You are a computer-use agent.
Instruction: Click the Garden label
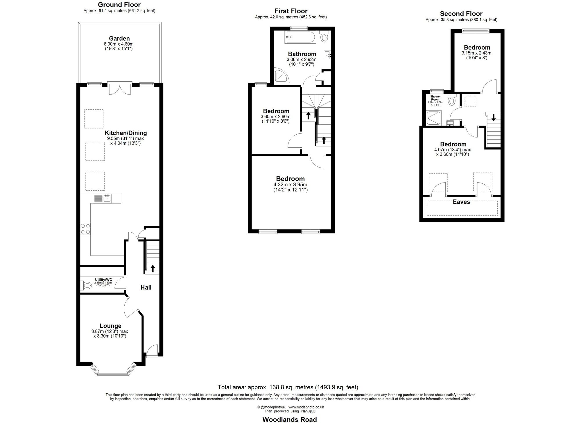(x=119, y=38)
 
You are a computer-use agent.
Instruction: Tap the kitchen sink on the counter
(x=106, y=199)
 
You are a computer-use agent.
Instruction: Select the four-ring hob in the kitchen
(x=85, y=229)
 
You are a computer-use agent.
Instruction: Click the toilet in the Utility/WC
(x=86, y=285)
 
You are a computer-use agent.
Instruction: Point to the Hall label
(x=146, y=287)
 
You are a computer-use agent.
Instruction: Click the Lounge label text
(x=110, y=326)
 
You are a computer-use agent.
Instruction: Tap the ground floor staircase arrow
(x=153, y=268)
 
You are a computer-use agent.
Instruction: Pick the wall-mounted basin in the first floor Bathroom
(x=328, y=54)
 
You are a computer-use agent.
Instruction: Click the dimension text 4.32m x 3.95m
(x=290, y=185)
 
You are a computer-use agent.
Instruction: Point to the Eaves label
(x=461, y=202)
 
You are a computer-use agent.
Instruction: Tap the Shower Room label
(x=435, y=98)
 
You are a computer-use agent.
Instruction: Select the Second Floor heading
(x=461, y=14)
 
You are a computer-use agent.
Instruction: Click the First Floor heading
(x=291, y=11)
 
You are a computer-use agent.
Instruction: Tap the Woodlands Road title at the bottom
(x=289, y=419)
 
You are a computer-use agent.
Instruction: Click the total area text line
(x=288, y=387)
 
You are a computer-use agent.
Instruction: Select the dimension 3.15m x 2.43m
(x=476, y=53)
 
